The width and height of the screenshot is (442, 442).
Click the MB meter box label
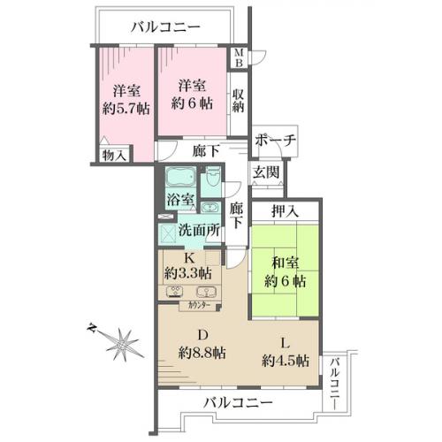pos(239,57)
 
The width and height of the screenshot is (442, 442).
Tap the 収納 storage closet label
pos(238,101)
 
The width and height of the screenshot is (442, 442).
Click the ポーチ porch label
pos(275,141)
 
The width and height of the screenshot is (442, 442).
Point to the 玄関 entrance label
pos(266,171)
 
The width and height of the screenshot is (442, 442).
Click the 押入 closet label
pos(285,211)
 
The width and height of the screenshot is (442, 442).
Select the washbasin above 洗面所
pos(210,208)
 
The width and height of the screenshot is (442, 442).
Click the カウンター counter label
pos(199,306)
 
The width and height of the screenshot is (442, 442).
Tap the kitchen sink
pos(206,292)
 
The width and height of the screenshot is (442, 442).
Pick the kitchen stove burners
pos(176,292)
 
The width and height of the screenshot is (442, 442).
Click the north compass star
pos(122,344)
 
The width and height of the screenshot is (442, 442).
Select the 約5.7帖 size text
pos(126,109)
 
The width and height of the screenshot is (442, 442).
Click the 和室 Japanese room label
pos(285,263)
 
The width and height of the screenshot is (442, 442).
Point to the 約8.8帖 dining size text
pos(202,353)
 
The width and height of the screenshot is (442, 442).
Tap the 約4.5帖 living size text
pos(286,361)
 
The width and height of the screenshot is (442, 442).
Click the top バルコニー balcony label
pos(165,27)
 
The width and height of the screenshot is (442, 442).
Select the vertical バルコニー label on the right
pos(334,383)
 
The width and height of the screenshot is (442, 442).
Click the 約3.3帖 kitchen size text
pos(188,273)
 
